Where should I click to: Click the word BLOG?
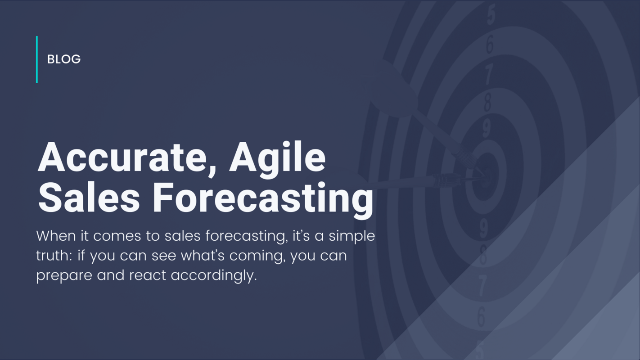(64, 59)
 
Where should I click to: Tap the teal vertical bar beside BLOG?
(37, 59)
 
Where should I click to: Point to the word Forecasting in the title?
(263, 198)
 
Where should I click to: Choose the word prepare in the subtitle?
(64, 275)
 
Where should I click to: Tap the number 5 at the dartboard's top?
(491, 15)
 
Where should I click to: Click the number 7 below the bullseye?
(482, 286)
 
